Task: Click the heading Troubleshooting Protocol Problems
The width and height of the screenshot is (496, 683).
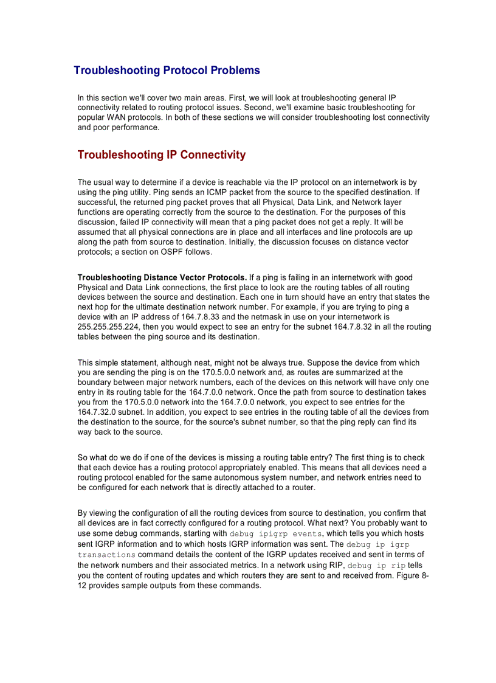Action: (167, 71)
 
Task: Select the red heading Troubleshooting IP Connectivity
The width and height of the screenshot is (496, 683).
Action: (161, 154)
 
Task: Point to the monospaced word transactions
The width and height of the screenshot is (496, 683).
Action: (106, 555)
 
